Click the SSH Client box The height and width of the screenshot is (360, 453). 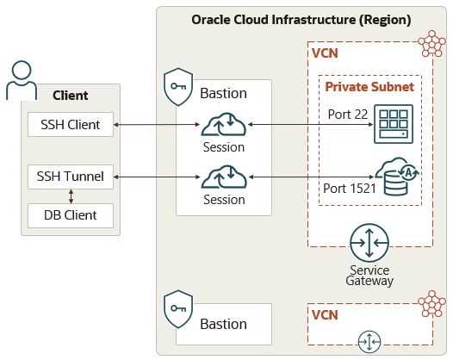71,126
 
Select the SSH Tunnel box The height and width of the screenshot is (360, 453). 71,177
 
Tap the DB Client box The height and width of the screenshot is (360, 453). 71,215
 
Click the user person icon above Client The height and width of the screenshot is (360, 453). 22,79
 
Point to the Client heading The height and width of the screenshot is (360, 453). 71,96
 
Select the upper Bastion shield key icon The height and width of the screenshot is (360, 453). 177,86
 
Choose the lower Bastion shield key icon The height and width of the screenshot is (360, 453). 177,308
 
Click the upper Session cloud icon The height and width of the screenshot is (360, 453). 224,126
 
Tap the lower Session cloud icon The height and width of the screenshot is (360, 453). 224,177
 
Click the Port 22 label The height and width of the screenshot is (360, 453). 346,114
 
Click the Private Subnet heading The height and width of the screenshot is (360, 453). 369,86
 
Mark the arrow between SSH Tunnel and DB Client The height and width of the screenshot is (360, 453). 71,196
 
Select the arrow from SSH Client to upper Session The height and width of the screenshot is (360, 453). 158,126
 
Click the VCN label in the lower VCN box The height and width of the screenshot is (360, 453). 324,314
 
